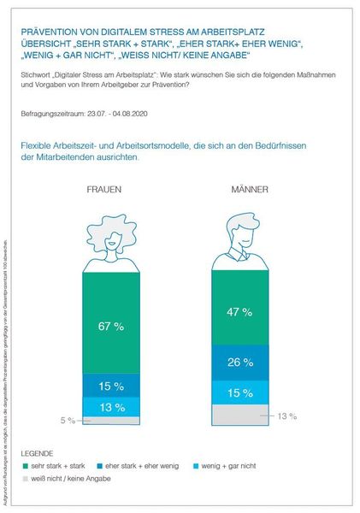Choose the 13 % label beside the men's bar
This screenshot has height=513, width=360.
click(x=286, y=416)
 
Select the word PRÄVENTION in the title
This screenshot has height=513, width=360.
click(x=58, y=30)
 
